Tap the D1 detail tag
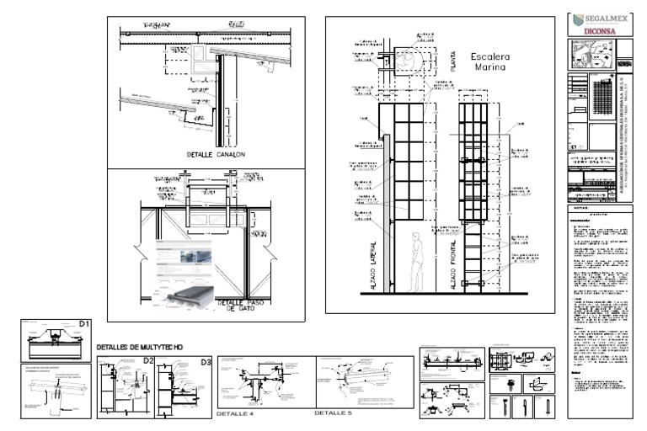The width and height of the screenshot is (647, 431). coord(83,325)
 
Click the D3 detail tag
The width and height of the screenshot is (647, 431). coord(206,362)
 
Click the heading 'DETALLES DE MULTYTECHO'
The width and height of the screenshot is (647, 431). coord(140,347)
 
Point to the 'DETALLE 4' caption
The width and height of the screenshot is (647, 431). coord(235,414)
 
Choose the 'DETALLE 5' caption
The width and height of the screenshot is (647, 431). coord(333,413)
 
